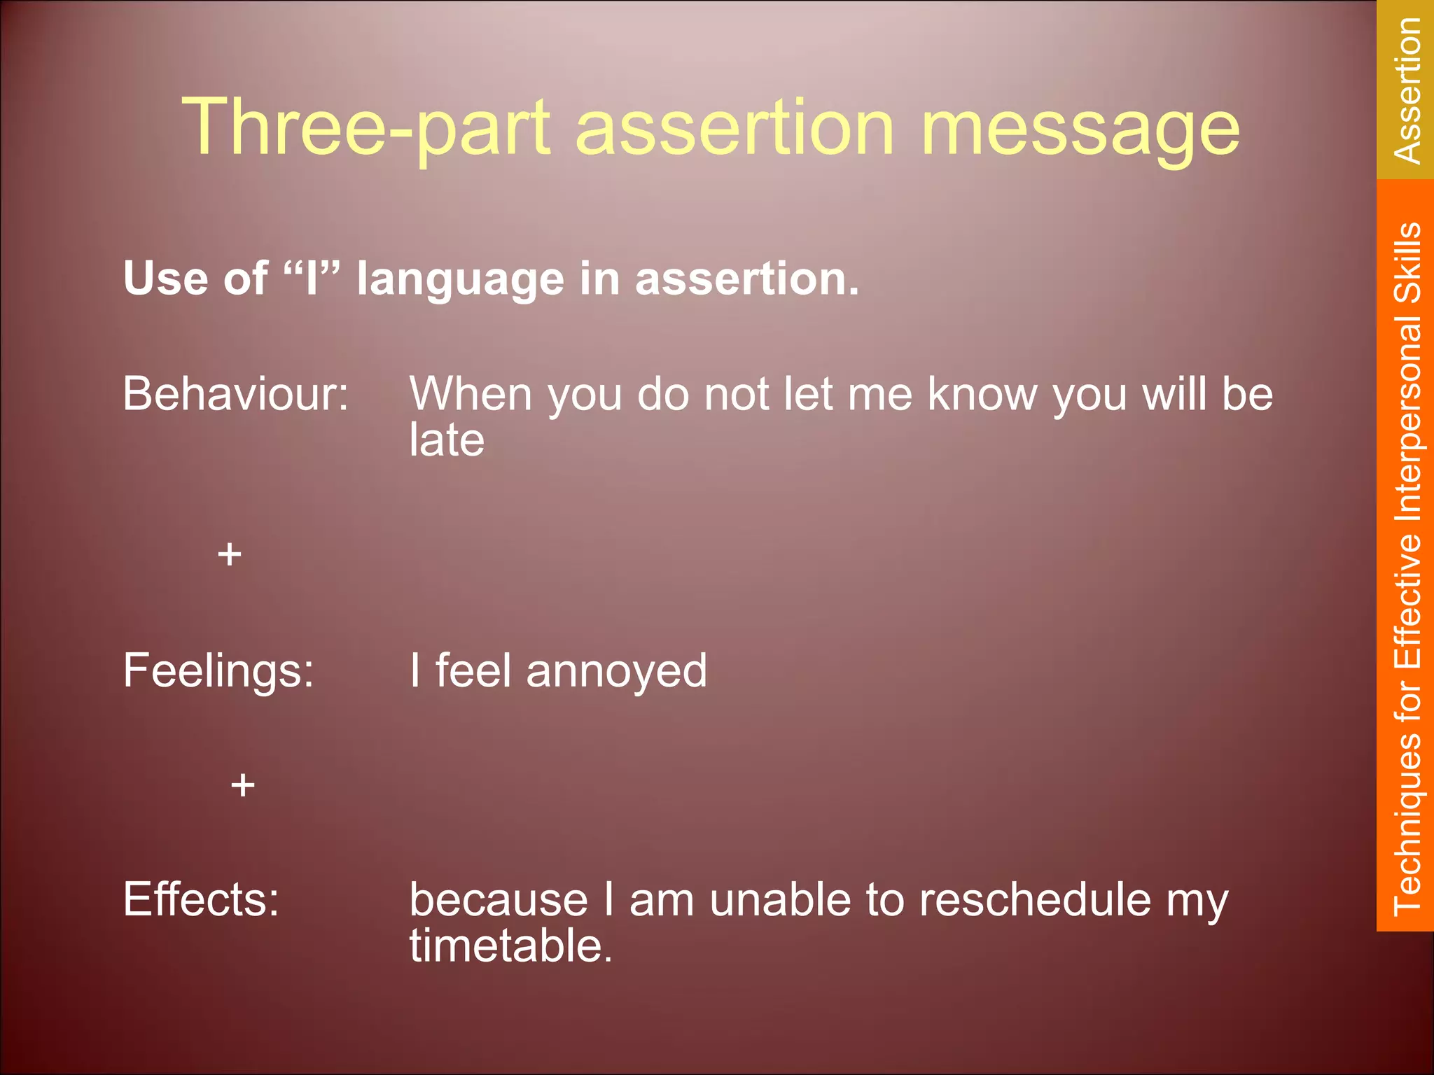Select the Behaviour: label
coord(235,394)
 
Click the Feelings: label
coord(218,670)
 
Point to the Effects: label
coord(201,899)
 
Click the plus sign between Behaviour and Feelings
coord(229,555)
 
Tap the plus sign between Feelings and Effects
coord(242,785)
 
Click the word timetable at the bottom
coord(510,946)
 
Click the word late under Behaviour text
coord(447,440)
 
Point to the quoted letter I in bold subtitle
coord(312,278)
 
